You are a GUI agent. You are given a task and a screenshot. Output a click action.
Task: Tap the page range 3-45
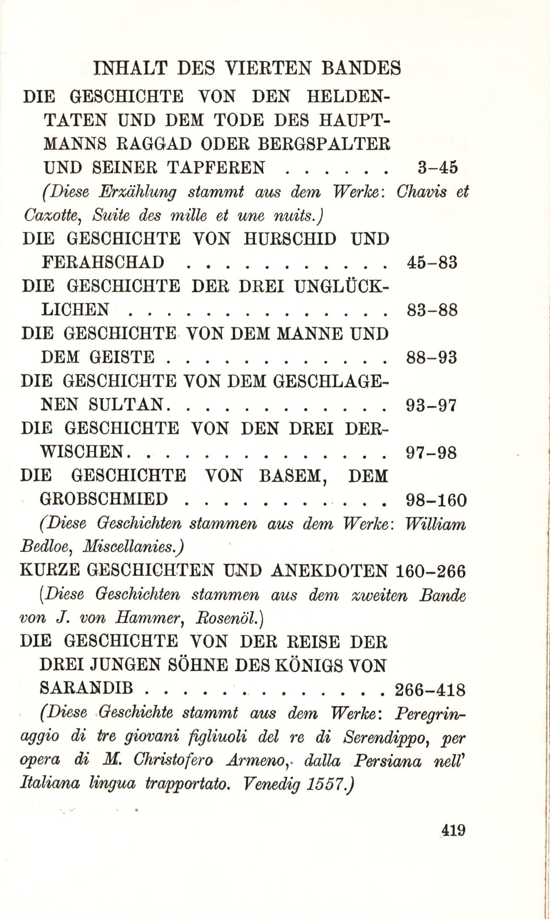pyautogui.click(x=437, y=167)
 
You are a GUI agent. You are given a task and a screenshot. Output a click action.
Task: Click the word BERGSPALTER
pyautogui.click(x=324, y=144)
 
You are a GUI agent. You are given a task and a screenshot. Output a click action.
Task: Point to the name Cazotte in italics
pyautogui.click(x=51, y=215)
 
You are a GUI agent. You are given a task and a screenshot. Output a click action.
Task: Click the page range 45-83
pyautogui.click(x=432, y=263)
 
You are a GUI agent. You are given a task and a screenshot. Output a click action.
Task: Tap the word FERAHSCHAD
pyautogui.click(x=103, y=262)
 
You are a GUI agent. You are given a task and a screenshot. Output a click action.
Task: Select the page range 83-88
pyautogui.click(x=432, y=310)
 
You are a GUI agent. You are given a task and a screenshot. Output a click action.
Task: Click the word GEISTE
pyautogui.click(x=122, y=357)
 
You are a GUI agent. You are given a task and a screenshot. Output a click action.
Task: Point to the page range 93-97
pyautogui.click(x=431, y=405)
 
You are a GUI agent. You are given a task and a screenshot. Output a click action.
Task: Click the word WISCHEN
pyautogui.click(x=82, y=452)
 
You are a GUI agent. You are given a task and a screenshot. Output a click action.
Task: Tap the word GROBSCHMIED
pyautogui.click(x=104, y=499)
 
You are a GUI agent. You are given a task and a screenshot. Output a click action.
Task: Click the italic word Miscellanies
pyautogui.click(x=133, y=547)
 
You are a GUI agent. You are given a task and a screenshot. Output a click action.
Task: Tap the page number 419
pyautogui.click(x=453, y=831)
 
